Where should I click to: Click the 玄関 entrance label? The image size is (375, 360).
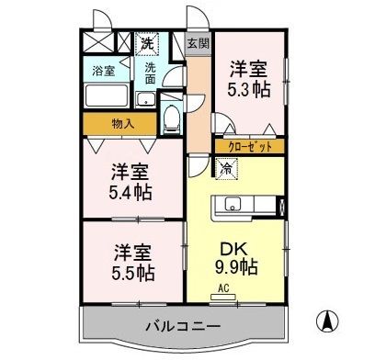197,43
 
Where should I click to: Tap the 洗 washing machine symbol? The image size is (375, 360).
147,42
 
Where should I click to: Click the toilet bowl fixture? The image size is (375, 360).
171,117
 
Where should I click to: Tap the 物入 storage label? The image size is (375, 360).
122,124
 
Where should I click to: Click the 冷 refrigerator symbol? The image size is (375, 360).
226,167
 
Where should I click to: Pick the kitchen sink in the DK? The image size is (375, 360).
231,203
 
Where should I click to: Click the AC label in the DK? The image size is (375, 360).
223,287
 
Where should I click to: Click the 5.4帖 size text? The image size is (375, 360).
131,193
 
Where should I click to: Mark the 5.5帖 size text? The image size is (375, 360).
132,273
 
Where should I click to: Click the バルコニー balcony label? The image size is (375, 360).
181,326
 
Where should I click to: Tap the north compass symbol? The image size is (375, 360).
324,324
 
